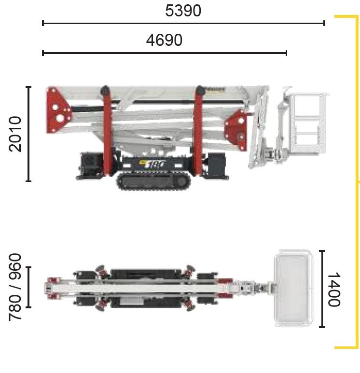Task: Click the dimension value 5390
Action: (x=183, y=11)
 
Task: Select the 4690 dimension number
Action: (x=164, y=40)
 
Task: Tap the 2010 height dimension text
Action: (x=15, y=134)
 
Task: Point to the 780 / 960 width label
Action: (x=15, y=287)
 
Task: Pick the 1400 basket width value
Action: (x=334, y=289)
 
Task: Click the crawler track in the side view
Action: (x=154, y=181)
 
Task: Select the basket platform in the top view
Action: (x=293, y=288)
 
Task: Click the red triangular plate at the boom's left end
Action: (x=58, y=110)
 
